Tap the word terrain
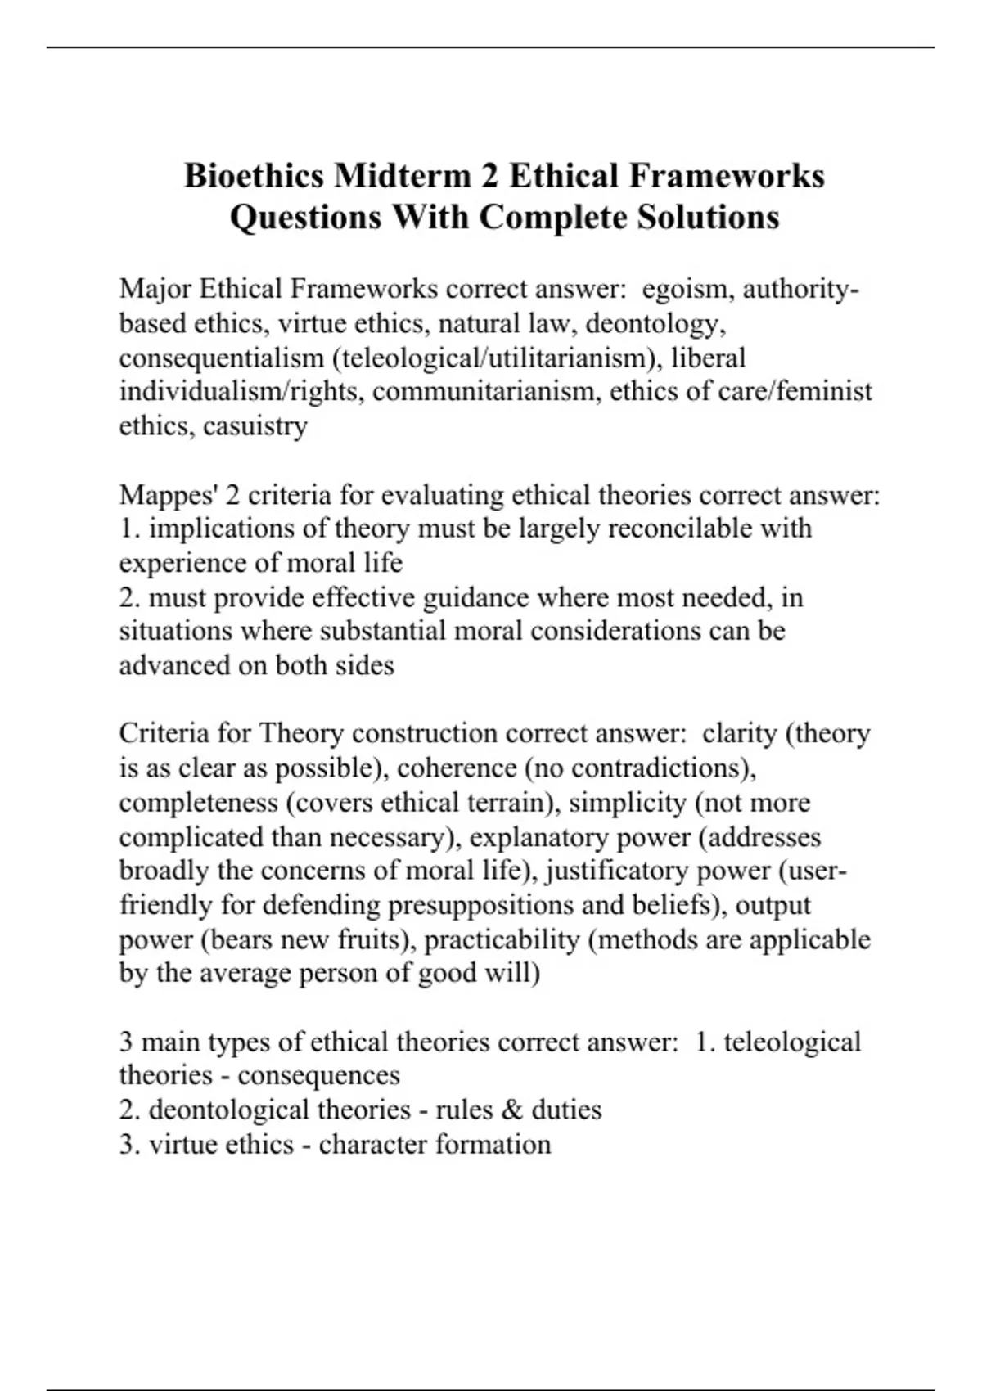click(x=509, y=802)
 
